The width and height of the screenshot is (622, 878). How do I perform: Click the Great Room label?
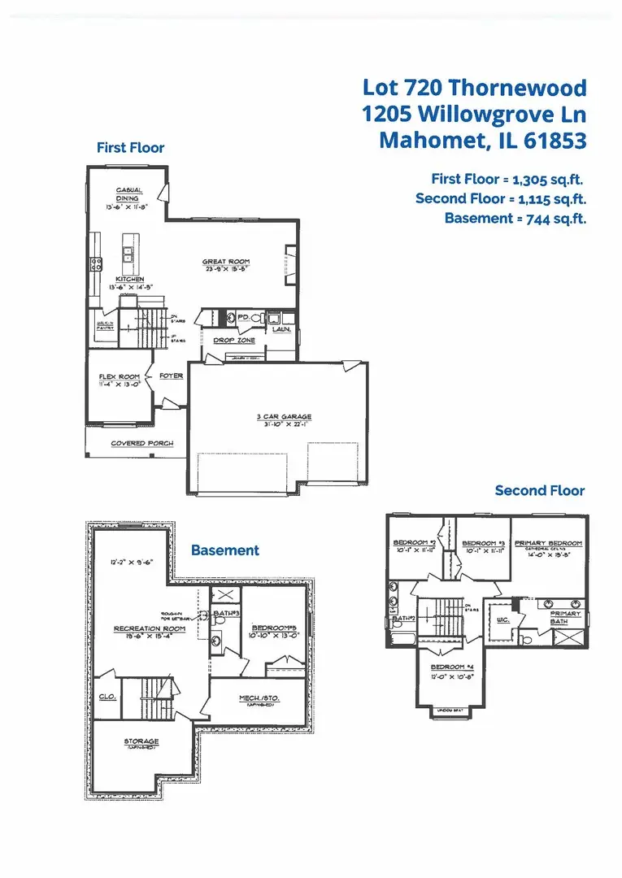tap(220, 262)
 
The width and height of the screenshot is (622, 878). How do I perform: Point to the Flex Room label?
tap(120, 376)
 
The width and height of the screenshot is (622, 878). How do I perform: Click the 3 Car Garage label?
tap(284, 417)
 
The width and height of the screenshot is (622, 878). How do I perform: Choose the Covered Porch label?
tap(141, 443)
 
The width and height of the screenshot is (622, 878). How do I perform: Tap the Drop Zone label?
tap(234, 341)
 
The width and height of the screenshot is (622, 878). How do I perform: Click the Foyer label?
tap(171, 376)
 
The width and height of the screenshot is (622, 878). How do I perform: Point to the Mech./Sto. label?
tap(259, 698)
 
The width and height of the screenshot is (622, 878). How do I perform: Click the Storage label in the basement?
tap(141, 741)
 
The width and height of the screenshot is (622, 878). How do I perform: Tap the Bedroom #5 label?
tap(272, 628)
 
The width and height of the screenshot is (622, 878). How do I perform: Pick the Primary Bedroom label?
tap(548, 543)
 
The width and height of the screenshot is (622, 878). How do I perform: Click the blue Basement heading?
tap(225, 550)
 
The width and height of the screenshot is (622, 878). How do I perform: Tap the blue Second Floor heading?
tap(539, 490)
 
